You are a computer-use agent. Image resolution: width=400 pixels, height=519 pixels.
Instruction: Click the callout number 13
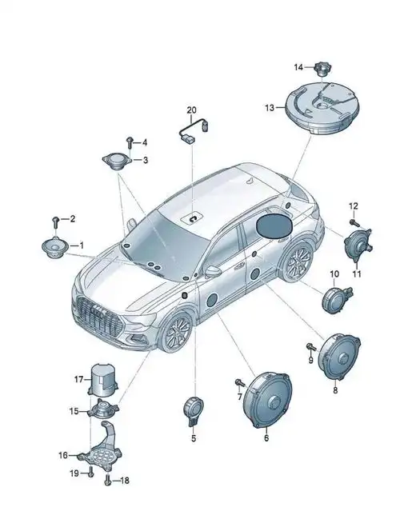pos(270,108)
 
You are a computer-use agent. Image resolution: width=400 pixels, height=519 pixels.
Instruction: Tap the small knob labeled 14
pos(323,69)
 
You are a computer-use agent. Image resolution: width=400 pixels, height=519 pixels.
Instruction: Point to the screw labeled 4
pos(130,143)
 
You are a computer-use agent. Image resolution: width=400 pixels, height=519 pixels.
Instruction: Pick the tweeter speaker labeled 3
pos(117,162)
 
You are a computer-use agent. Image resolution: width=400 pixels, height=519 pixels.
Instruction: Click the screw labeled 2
pos(56,222)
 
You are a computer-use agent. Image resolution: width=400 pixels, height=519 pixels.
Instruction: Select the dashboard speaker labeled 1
pos(55,248)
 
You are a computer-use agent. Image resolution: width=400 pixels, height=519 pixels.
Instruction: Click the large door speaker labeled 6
pos(267,400)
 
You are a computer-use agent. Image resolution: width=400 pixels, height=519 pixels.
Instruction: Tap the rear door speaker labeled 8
pos(338,357)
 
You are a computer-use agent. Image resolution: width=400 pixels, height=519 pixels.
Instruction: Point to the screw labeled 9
pos(310,347)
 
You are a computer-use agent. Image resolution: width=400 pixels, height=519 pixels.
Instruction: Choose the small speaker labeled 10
pos(334,299)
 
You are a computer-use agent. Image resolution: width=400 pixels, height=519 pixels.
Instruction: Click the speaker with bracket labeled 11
pos(358,246)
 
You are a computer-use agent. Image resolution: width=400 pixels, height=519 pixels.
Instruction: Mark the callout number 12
pos(354,206)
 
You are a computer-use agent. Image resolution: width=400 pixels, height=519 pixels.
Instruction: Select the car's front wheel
pos(176,332)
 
